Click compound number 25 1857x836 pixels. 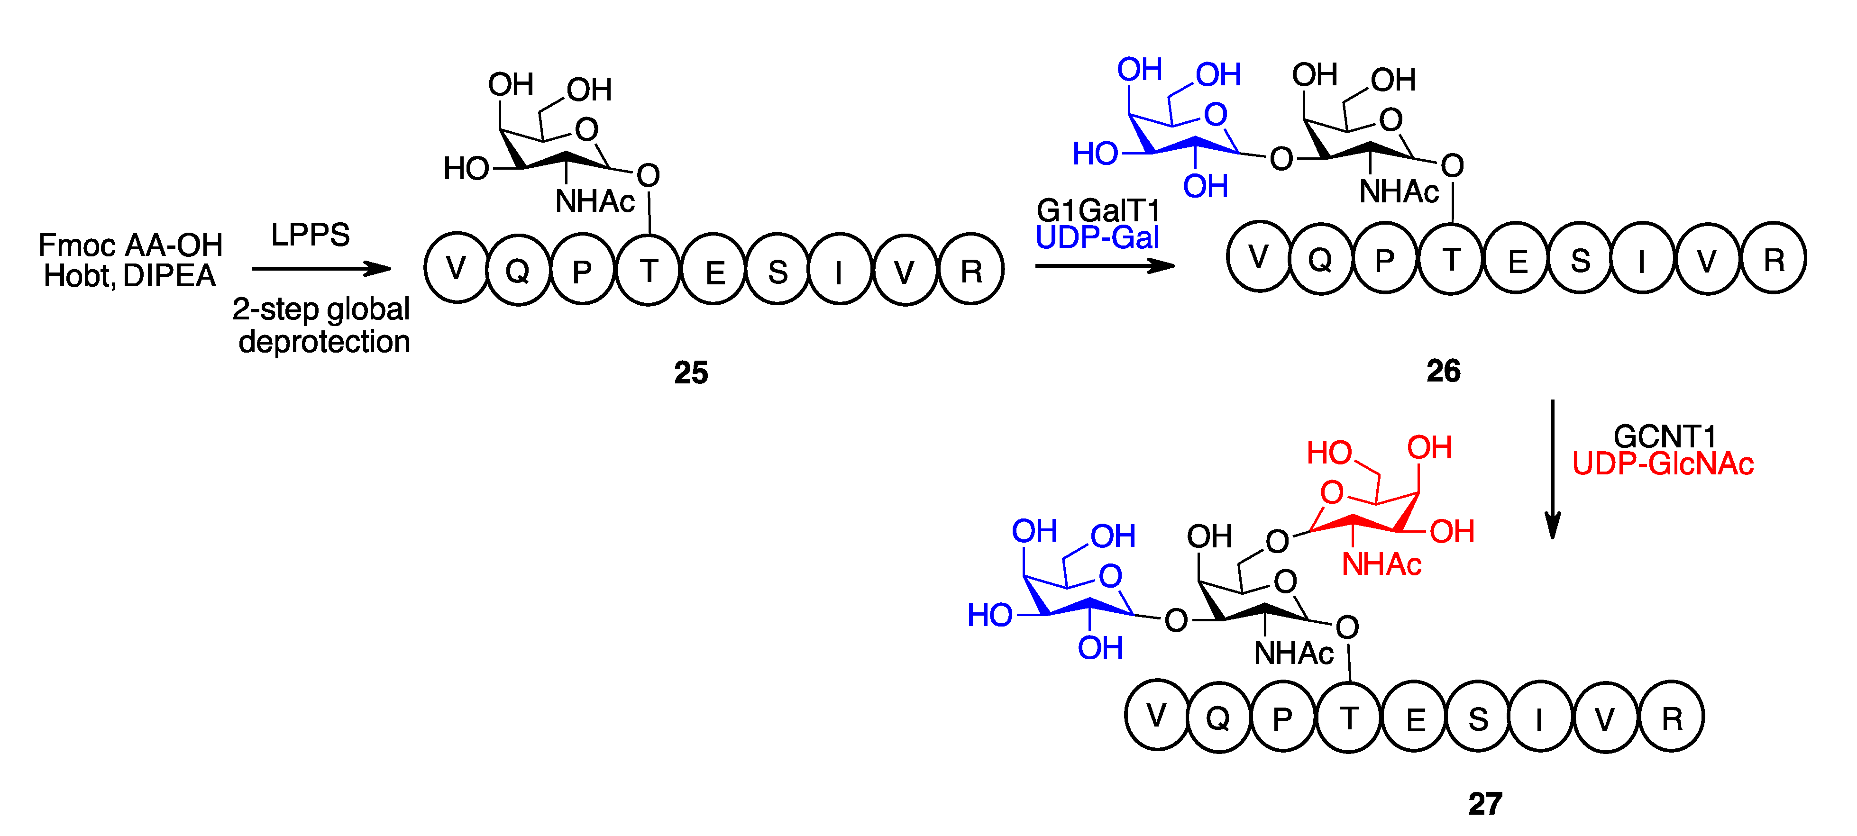[x=691, y=373]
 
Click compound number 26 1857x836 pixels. [x=1443, y=371]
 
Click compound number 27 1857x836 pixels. [x=1485, y=804]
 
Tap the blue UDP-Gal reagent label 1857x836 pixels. [x=1097, y=237]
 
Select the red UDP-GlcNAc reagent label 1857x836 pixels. [x=1662, y=463]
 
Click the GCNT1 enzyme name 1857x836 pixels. [x=1664, y=436]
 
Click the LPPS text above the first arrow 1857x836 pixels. [x=310, y=235]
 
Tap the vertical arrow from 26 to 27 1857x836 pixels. [x=1552, y=468]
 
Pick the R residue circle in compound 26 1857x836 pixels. [x=1774, y=258]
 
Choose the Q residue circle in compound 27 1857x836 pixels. [x=1218, y=717]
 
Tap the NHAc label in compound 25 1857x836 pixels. [x=595, y=201]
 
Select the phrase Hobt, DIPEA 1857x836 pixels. [x=130, y=276]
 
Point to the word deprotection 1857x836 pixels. [x=324, y=341]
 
